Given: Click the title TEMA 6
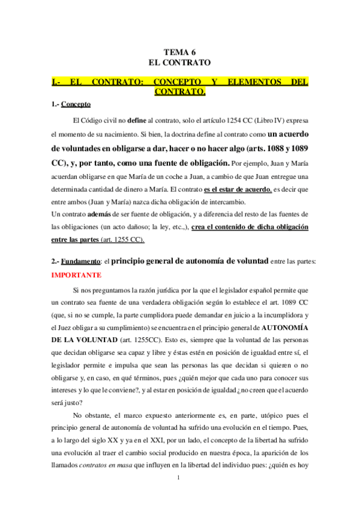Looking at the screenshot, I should click(x=180, y=52).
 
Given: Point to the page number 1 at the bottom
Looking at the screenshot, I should click(x=179, y=494).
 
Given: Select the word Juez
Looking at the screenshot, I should click(x=61, y=328).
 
